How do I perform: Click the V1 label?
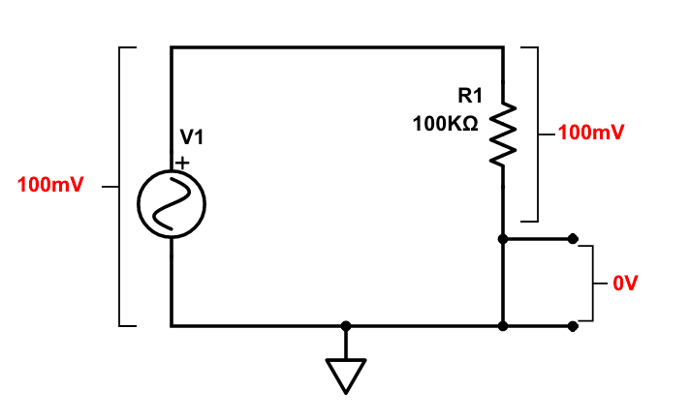coord(192,137)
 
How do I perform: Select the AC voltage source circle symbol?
coord(172,204)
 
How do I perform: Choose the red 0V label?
coord(626,284)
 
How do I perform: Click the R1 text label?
coord(470,96)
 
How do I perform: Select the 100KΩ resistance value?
coord(446,125)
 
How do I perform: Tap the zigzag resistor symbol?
coord(502,135)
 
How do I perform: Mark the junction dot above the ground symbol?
coord(346,326)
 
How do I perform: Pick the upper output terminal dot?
coord(573,238)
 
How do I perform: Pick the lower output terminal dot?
coord(573,326)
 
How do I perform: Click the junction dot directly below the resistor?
coord(502,238)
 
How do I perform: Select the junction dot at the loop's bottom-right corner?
coord(502,326)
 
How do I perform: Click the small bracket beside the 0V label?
coord(591,283)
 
